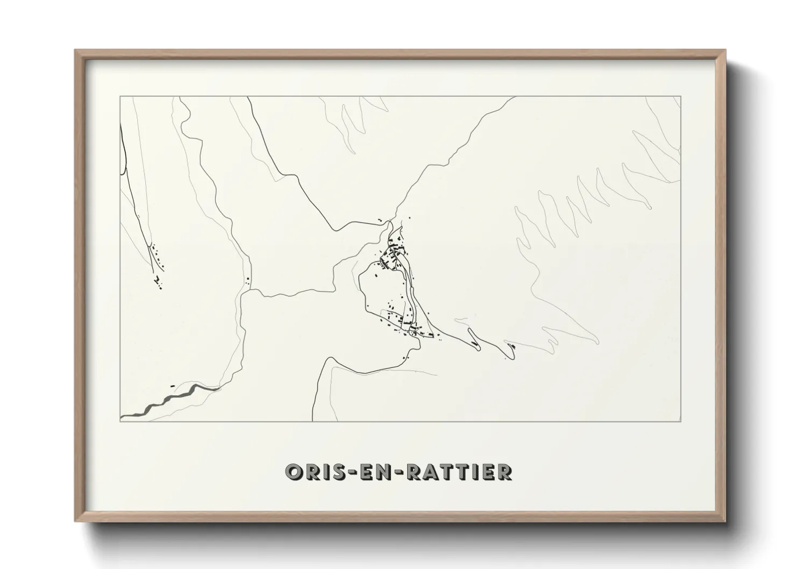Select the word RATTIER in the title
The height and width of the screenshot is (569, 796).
coord(459,472)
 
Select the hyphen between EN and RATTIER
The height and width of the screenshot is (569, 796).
coord(399,473)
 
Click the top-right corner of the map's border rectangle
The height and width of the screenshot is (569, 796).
coord(681,97)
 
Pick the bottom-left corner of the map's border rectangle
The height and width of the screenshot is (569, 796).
coord(120,422)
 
